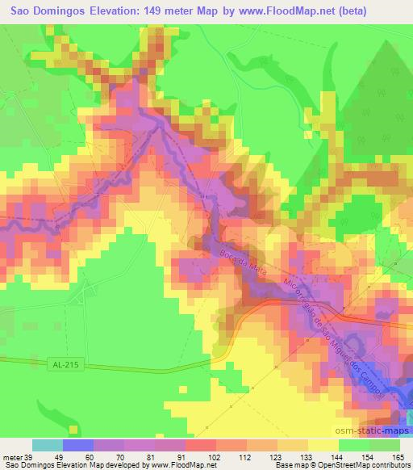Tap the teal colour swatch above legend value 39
coord(47,445)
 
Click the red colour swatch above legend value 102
coord(200,445)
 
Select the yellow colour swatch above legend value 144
coord(323,445)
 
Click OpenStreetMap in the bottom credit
coord(364,465)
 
